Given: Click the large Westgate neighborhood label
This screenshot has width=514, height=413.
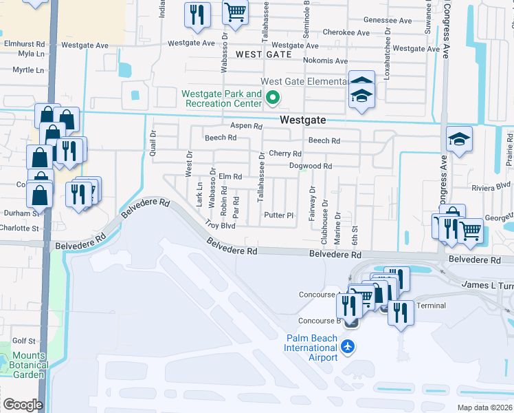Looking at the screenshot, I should click(302, 120).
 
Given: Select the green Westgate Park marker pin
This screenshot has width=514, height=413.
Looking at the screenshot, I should click(272, 98).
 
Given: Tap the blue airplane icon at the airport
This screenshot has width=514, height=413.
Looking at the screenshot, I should click(349, 346).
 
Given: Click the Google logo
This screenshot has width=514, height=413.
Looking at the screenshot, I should click(23, 405).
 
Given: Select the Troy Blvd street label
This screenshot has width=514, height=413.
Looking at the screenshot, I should click(221, 225).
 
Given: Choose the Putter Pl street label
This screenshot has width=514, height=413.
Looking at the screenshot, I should click(279, 215).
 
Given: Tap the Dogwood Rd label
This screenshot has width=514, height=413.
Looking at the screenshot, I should click(310, 166).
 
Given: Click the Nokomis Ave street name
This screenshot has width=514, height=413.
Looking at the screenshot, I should click(325, 61).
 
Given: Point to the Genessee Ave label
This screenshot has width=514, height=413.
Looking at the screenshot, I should click(388, 21).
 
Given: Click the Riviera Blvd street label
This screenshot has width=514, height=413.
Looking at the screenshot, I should click(491, 185).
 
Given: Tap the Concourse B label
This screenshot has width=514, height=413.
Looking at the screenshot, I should click(320, 321).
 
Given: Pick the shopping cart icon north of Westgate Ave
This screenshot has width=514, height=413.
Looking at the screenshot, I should click(235, 12).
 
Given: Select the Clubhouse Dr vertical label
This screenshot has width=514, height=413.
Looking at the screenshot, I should click(324, 224).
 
